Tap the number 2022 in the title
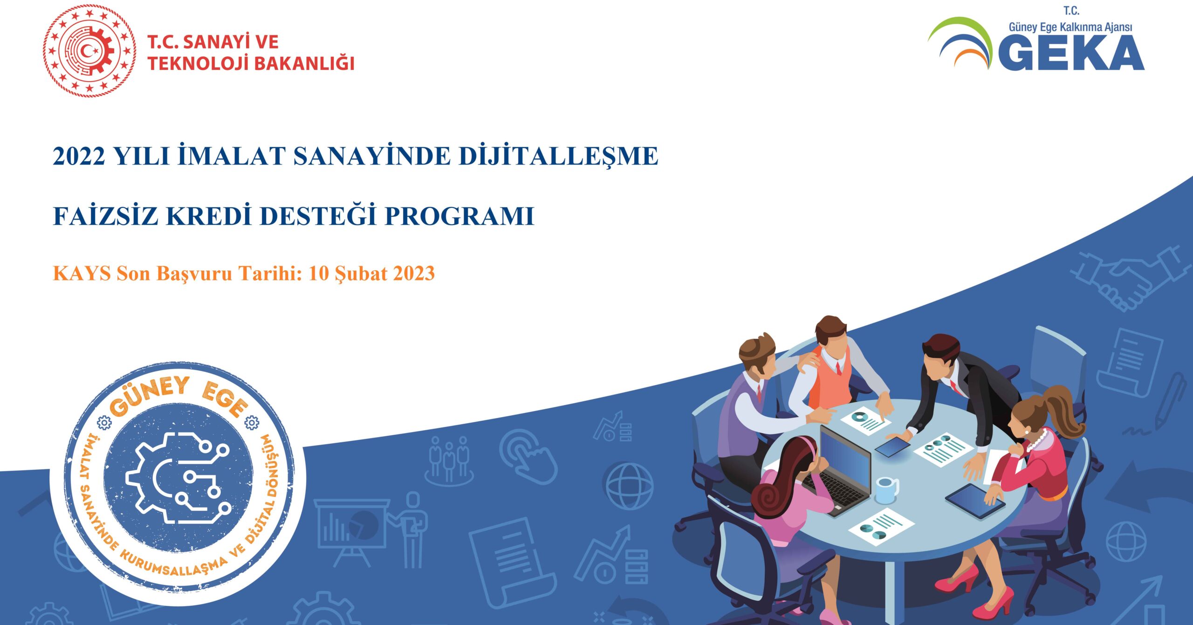tap(79, 156)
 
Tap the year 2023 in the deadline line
tap(414, 274)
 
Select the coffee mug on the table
tap(886, 490)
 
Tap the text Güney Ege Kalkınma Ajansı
tap(1070, 27)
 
